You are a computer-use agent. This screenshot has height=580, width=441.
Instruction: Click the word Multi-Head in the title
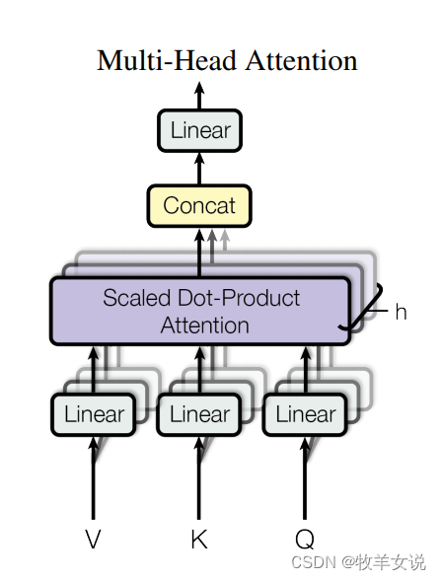(x=167, y=60)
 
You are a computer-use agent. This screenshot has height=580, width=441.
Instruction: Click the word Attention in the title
(x=302, y=60)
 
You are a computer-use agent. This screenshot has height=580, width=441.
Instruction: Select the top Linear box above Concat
(x=199, y=130)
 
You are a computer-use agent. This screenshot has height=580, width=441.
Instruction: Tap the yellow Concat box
(x=199, y=205)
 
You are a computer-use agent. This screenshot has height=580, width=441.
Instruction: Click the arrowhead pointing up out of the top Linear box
(x=199, y=88)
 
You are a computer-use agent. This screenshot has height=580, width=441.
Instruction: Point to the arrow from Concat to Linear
(x=199, y=169)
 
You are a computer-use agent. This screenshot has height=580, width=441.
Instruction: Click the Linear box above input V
(x=93, y=414)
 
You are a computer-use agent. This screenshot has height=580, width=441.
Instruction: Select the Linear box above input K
(x=199, y=414)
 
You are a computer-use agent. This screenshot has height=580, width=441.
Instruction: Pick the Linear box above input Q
(x=305, y=414)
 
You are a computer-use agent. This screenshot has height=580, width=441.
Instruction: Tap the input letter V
(x=93, y=539)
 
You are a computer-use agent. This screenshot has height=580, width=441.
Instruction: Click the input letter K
(x=199, y=539)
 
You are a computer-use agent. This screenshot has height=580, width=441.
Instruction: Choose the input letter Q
(x=305, y=540)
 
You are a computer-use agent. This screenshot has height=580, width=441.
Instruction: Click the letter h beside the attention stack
(x=401, y=312)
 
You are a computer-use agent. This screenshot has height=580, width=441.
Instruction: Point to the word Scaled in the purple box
(x=136, y=298)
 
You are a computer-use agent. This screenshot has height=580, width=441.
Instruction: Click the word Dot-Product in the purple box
(x=239, y=299)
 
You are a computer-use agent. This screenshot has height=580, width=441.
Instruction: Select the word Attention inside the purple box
(x=204, y=326)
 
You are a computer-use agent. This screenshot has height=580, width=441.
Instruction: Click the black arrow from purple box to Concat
(x=199, y=253)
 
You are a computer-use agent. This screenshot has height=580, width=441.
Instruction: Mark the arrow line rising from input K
(x=199, y=477)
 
